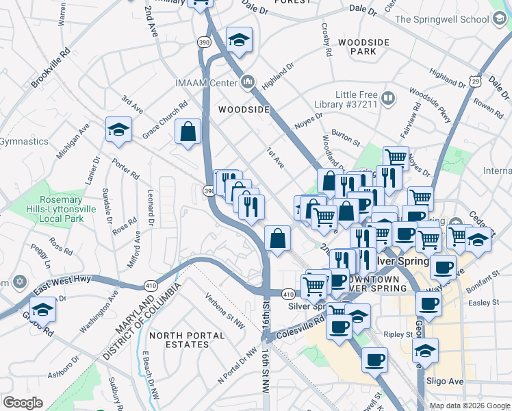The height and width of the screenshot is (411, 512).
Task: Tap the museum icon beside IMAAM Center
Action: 247,84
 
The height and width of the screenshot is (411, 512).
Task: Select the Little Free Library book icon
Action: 388,99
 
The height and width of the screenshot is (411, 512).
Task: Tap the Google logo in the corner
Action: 22,402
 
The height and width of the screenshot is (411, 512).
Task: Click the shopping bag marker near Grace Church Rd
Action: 188,133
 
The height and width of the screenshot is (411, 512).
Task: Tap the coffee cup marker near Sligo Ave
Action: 374,360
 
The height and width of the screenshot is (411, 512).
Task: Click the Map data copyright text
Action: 469,405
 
